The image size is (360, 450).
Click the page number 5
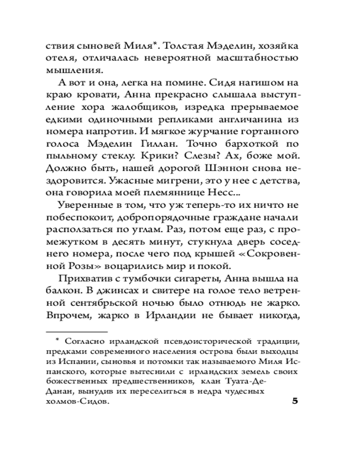coord(295,401)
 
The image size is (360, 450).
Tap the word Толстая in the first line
coord(189,46)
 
